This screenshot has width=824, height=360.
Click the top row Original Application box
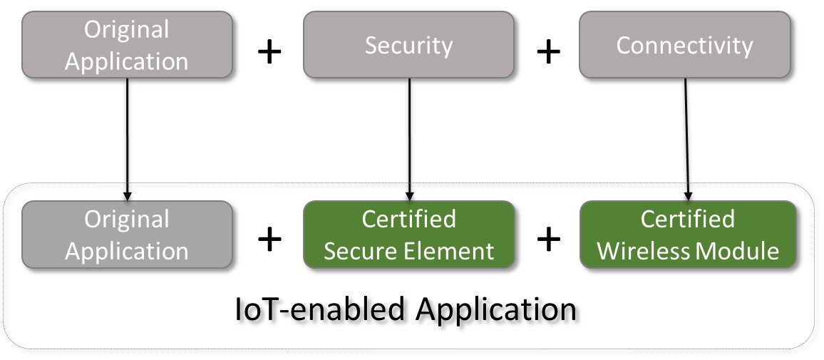(x=127, y=44)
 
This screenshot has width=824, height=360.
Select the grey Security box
(x=408, y=45)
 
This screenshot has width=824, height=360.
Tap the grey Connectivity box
(x=684, y=45)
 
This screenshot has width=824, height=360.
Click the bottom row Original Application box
(x=127, y=235)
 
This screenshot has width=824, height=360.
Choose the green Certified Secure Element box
(x=408, y=235)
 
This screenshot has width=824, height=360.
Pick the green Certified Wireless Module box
(x=687, y=235)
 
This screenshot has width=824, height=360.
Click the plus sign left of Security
(x=269, y=52)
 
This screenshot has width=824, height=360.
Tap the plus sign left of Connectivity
(x=547, y=52)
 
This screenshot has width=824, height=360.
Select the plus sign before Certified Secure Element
(x=269, y=240)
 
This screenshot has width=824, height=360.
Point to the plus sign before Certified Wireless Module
(x=547, y=240)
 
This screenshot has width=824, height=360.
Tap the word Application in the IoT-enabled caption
(x=494, y=312)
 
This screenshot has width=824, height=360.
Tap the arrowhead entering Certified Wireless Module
(x=688, y=195)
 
